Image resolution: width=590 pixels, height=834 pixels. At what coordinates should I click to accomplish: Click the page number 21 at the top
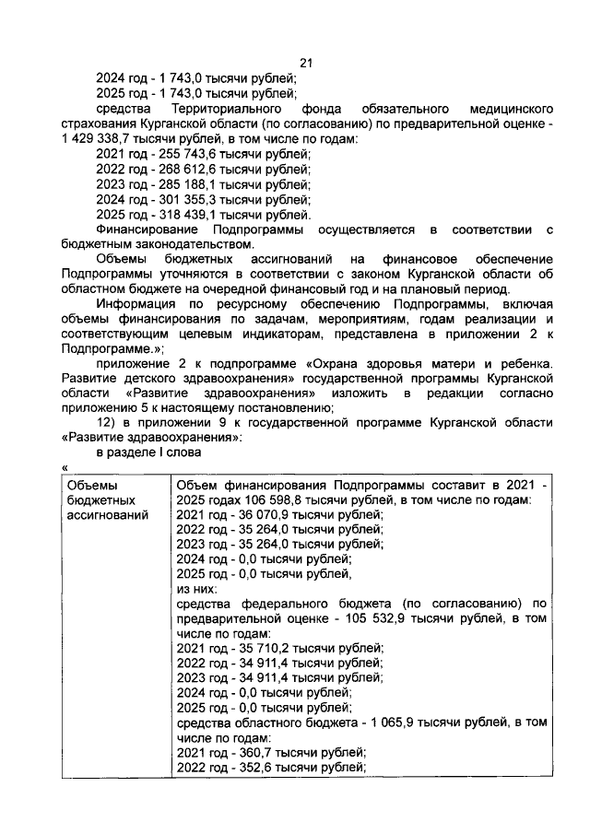307,63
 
